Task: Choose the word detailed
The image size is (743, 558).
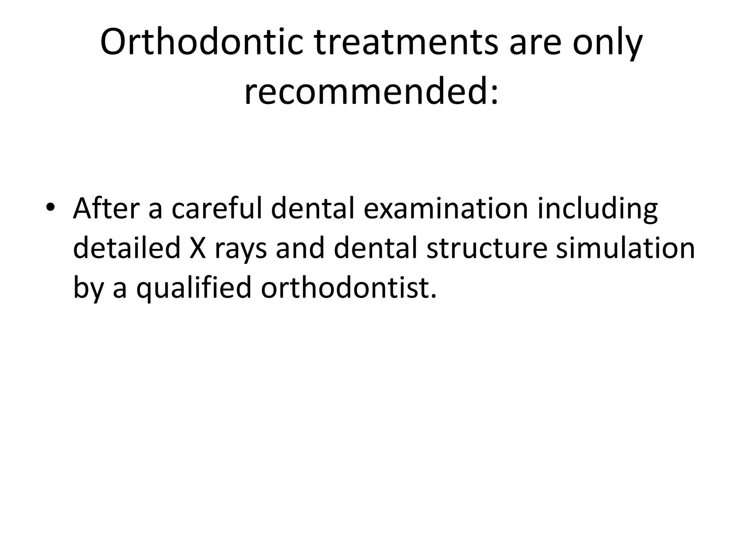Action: pos(127,248)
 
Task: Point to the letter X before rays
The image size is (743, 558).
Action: pos(197,248)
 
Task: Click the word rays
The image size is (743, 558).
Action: pos(241,251)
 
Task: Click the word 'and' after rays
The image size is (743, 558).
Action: pos(300,248)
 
